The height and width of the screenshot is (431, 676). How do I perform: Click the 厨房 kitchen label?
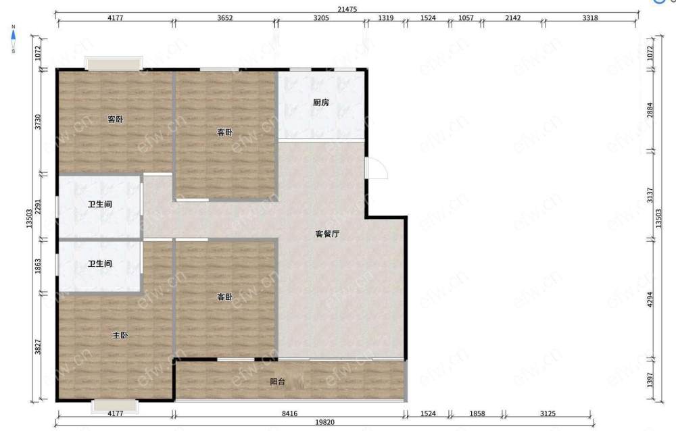[x=320, y=103]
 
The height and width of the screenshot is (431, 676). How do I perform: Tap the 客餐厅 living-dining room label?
[x=327, y=234]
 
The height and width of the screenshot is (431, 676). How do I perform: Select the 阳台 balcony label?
[x=277, y=382]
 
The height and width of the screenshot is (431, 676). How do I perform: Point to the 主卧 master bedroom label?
[x=120, y=335]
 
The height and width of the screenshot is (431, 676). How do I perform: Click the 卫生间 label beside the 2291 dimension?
[x=100, y=204]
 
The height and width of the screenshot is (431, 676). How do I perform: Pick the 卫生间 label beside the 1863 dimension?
[x=100, y=263]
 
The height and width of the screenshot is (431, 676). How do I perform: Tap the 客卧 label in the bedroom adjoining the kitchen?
[x=224, y=132]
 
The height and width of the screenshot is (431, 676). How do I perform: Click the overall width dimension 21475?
[x=347, y=9]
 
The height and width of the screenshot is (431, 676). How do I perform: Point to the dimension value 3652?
[x=224, y=18]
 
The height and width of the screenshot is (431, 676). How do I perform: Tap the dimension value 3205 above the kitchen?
[x=320, y=18]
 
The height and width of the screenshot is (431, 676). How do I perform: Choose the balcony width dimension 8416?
[x=290, y=413]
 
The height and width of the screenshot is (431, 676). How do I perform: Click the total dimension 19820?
[x=324, y=422]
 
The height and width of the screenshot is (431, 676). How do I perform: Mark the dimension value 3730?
[x=38, y=122]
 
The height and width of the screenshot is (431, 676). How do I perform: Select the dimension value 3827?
[x=38, y=347]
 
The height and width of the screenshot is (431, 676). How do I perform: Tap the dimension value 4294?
[x=650, y=299]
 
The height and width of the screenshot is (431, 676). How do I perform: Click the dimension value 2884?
[x=650, y=109]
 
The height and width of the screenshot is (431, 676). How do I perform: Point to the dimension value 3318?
[x=589, y=18]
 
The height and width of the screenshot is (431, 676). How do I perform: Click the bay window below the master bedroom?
[x=115, y=407]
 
